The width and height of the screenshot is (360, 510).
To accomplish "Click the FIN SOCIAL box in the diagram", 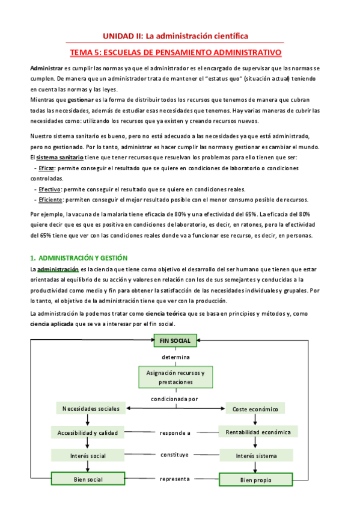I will [x=175, y=340].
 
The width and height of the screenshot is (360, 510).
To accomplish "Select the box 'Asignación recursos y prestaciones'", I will [x=175, y=377].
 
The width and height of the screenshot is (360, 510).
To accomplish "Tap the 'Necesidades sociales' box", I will [x=91, y=409].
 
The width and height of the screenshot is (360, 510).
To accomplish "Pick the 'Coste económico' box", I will [x=255, y=409].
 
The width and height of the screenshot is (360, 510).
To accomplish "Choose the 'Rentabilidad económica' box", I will [x=258, y=432].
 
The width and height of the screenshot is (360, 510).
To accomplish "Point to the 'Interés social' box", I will [x=87, y=455].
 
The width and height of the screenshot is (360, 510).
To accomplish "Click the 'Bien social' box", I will [x=87, y=479].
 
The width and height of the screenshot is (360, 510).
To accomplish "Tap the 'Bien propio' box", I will [x=255, y=479].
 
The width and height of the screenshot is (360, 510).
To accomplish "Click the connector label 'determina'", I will [x=175, y=357].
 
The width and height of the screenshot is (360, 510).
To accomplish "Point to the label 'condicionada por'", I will [x=175, y=398].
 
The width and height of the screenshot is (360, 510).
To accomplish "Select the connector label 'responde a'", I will [x=175, y=432].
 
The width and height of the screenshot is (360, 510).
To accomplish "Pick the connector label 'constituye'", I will [x=175, y=455].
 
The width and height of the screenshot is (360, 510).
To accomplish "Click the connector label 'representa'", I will [x=175, y=479].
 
